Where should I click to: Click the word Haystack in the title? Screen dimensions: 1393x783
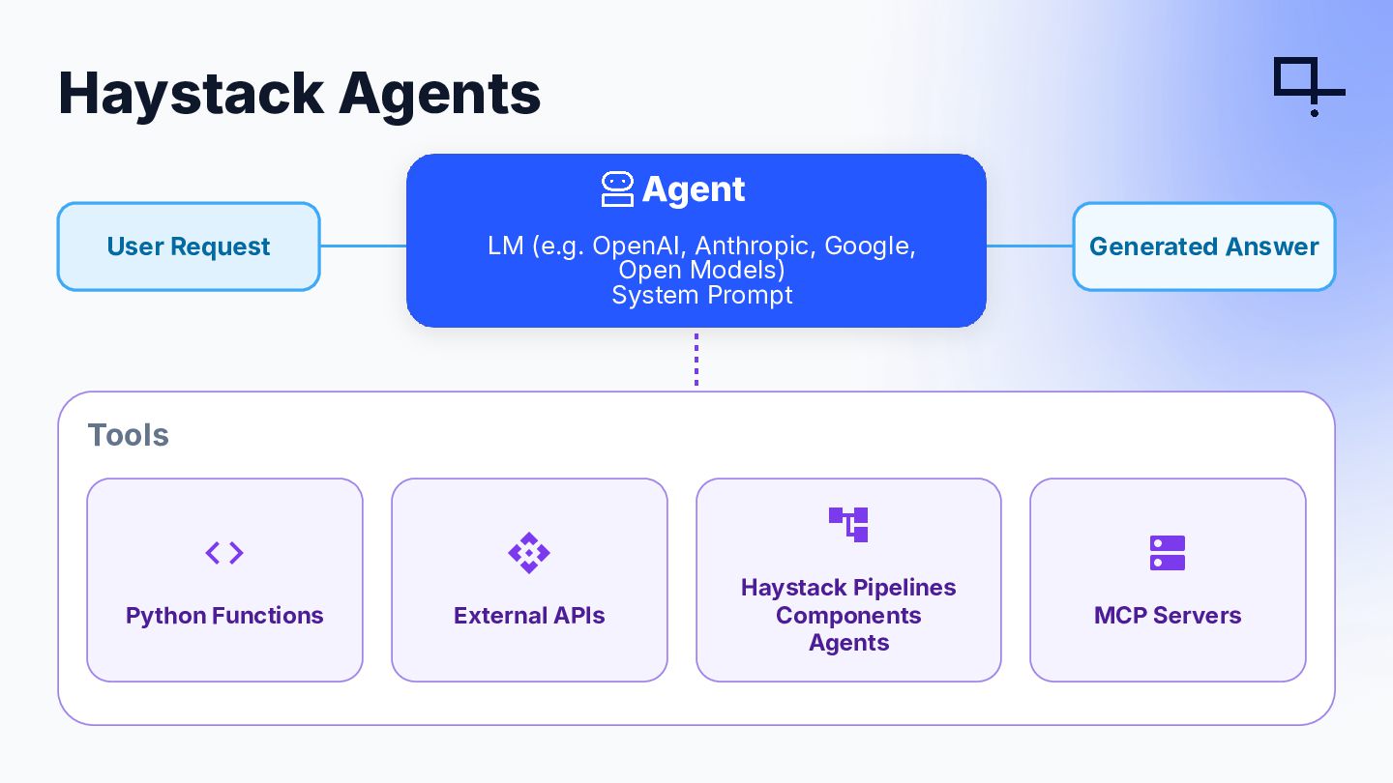tap(192, 95)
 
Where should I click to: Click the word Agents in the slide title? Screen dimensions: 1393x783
tap(439, 96)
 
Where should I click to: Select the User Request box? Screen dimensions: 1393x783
tap(189, 246)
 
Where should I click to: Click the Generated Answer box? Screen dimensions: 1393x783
tap(1204, 246)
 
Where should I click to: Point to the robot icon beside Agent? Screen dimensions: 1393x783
tap(617, 188)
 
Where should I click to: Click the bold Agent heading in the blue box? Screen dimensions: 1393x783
tap(694, 188)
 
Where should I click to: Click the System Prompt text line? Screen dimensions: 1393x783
tap(702, 295)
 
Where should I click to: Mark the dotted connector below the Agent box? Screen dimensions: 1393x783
tap(696, 360)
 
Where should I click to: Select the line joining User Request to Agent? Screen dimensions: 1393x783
tap(363, 246)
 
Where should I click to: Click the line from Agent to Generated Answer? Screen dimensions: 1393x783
tap(1030, 246)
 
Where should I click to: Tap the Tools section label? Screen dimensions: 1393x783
tap(128, 435)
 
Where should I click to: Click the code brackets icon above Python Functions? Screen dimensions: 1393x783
tap(224, 553)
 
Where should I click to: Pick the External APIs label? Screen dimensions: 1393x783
tap(529, 615)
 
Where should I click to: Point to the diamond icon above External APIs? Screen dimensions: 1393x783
tap(529, 553)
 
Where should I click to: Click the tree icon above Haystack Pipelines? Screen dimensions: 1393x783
tap(848, 525)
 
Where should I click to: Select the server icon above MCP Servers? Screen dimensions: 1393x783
tap(1168, 553)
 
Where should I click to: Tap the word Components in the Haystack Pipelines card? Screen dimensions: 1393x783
tap(848, 615)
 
